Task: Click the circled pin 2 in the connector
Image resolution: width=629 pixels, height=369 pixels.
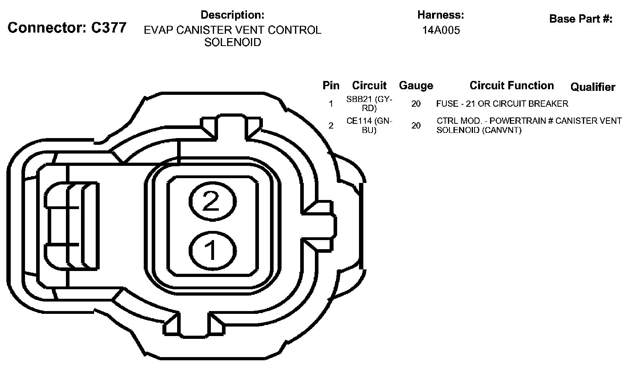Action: pyautogui.click(x=212, y=201)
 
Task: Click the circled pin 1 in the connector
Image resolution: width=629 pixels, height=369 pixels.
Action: pyautogui.click(x=212, y=250)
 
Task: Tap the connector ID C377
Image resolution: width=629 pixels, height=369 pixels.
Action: pyautogui.click(x=109, y=28)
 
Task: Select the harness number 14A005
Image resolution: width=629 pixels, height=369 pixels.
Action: pyautogui.click(x=441, y=30)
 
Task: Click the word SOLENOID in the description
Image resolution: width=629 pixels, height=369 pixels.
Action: pyautogui.click(x=233, y=42)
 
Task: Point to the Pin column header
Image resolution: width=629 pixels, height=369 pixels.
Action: pyautogui.click(x=331, y=85)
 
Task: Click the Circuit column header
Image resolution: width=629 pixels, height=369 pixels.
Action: pyautogui.click(x=369, y=85)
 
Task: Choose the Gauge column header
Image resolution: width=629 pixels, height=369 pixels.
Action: pyautogui.click(x=416, y=86)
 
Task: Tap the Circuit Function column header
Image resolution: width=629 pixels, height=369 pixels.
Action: pyautogui.click(x=511, y=85)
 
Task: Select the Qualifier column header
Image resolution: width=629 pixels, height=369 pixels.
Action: pyautogui.click(x=593, y=87)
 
